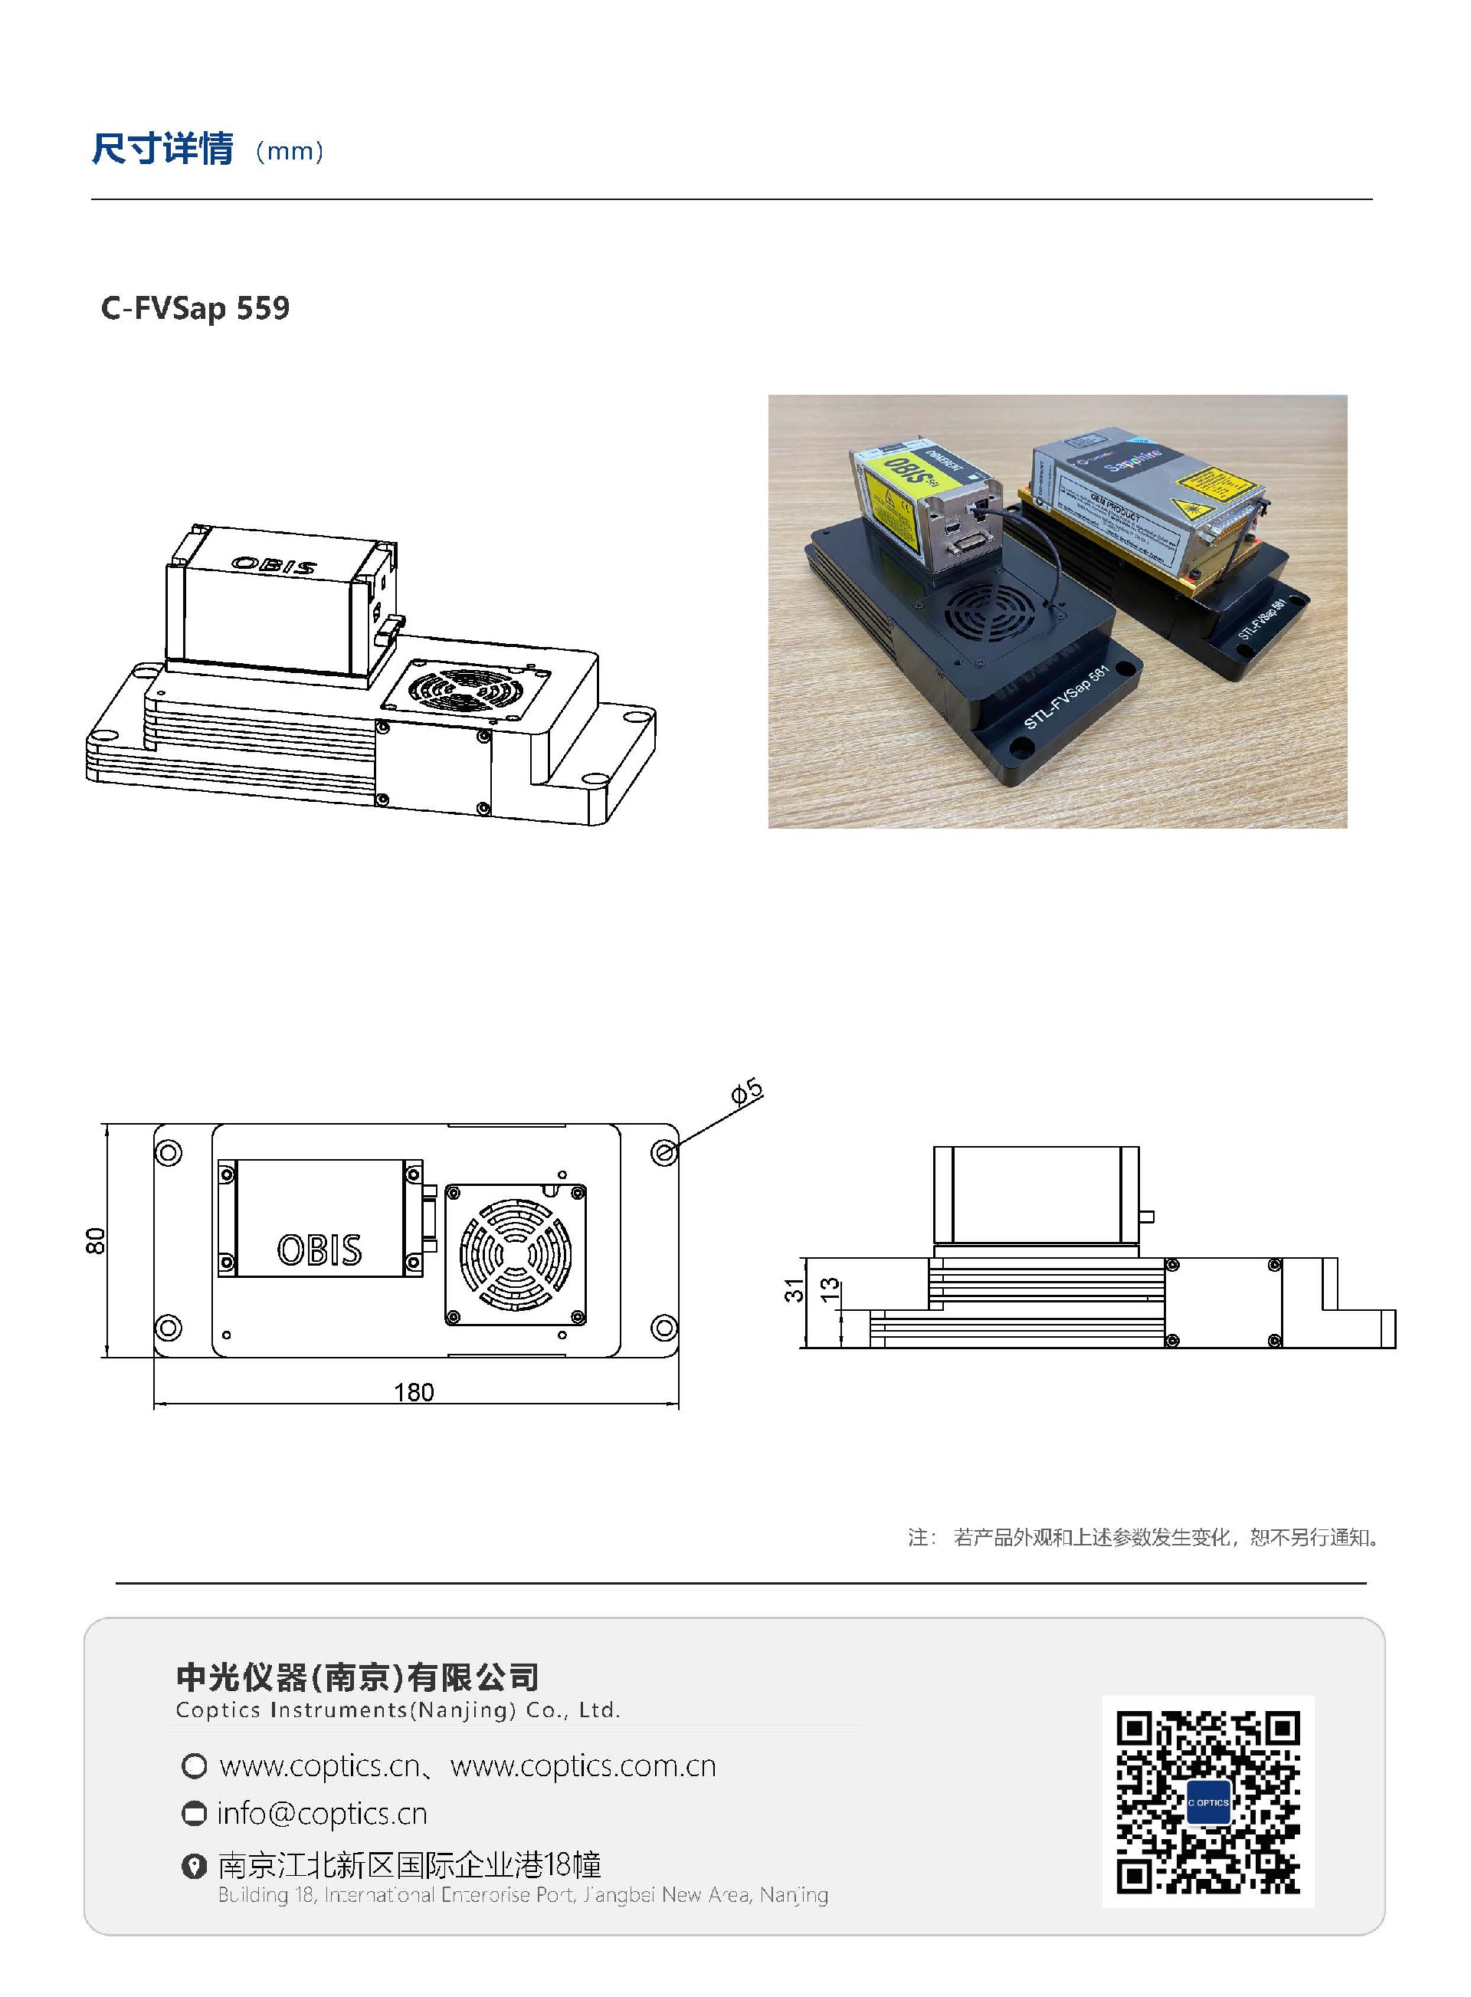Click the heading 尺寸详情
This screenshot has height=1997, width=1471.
coord(163,149)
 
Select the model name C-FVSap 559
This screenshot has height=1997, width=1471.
coord(195,308)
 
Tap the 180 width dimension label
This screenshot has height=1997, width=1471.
coord(413,1392)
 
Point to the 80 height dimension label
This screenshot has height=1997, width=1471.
coord(95,1240)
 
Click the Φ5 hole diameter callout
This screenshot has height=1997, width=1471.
coord(747,1091)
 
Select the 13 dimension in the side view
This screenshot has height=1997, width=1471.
coord(829,1289)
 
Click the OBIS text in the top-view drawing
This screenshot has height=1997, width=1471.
coord(319,1250)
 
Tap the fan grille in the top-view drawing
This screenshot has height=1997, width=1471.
coord(516,1254)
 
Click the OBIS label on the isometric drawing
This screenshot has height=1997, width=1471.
coord(274,565)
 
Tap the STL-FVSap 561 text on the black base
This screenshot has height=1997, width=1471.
coord(1066,698)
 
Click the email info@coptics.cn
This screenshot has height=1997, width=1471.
coord(323,1814)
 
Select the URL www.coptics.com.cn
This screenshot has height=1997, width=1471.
coord(583,1765)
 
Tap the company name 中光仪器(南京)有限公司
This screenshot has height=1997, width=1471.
coord(357,1677)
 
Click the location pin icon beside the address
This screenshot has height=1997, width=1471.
coord(193,1865)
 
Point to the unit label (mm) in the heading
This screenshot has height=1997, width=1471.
coord(290,152)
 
